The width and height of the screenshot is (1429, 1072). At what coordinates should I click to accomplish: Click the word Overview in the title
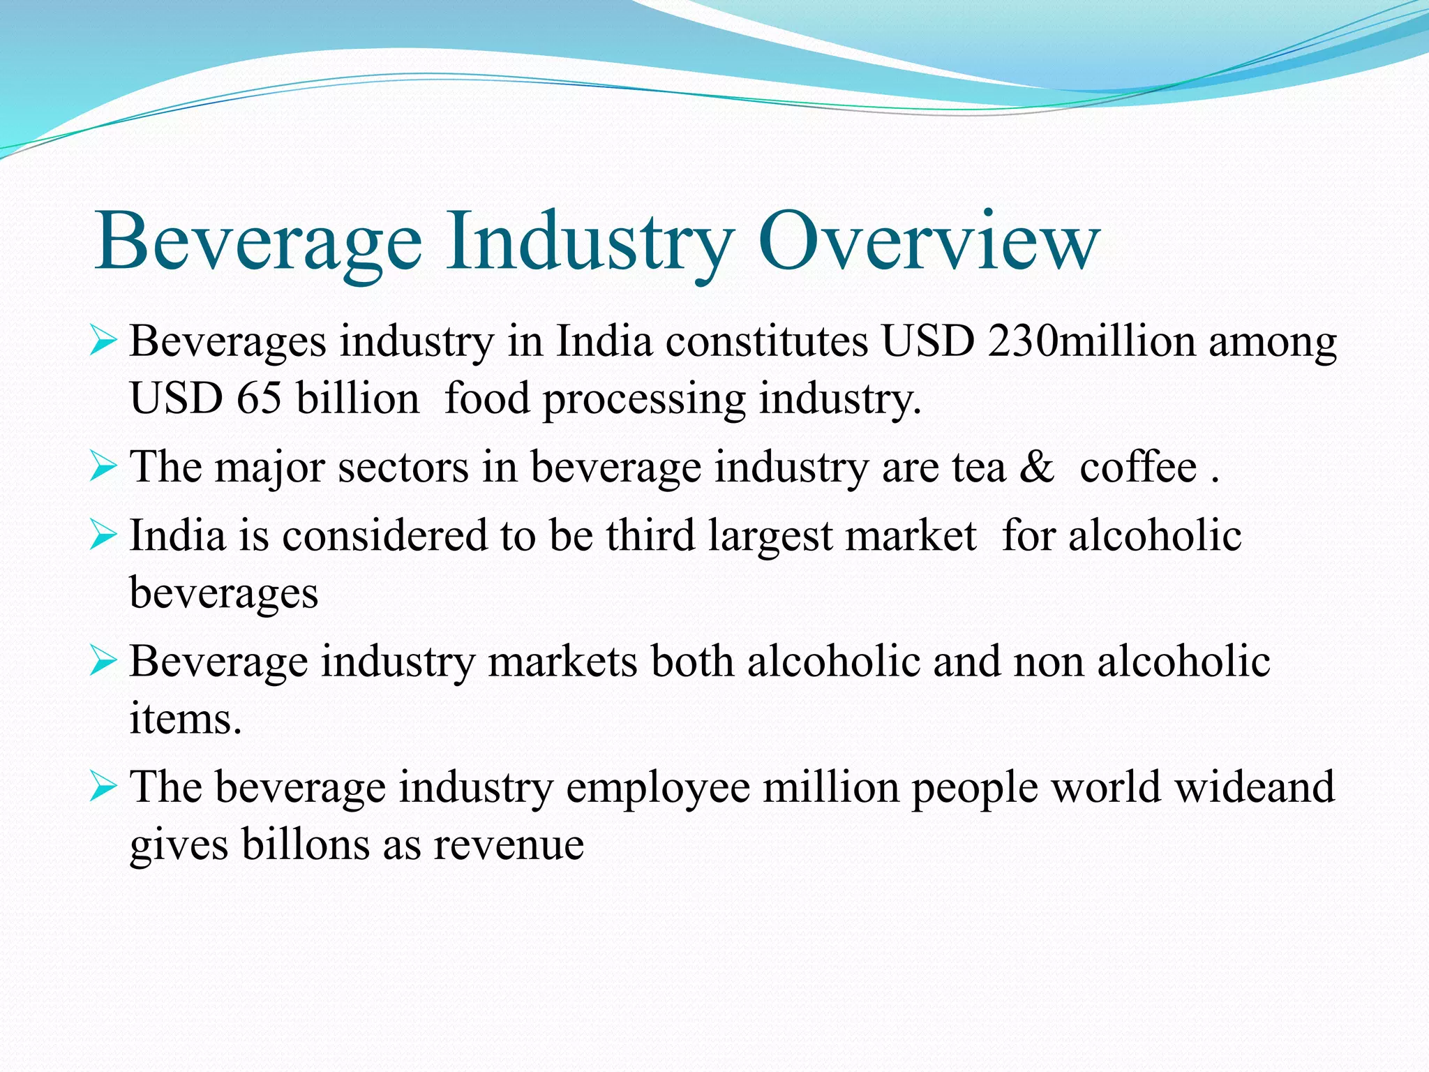click(929, 241)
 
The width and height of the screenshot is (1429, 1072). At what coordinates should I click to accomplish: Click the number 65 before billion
click(259, 399)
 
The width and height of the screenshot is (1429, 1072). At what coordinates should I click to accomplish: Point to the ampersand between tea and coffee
click(1037, 467)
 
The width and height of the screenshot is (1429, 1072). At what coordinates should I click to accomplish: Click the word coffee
click(1138, 467)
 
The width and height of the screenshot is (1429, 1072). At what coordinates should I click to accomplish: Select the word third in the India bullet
click(650, 536)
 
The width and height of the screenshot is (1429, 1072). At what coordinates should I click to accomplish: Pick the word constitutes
click(767, 342)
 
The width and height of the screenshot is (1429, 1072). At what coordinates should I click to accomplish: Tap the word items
click(185, 719)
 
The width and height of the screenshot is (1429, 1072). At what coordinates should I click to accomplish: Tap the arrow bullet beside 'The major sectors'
click(103, 468)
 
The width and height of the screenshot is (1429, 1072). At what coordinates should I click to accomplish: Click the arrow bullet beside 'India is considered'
click(103, 536)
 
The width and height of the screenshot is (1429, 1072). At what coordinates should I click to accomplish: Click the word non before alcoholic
click(1048, 662)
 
